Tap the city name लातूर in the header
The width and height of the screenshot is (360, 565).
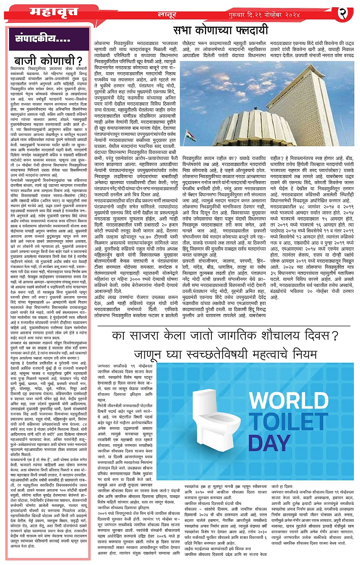click(167, 15)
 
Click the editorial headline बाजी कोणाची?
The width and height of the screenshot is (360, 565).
click(48, 61)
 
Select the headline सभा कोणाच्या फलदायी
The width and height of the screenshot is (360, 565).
click(221, 30)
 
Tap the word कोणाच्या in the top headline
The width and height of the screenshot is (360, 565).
click(219, 30)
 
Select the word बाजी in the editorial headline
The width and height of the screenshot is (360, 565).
click(26, 61)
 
